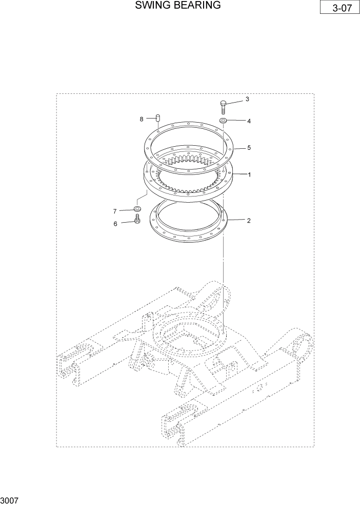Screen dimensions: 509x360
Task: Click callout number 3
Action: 247,99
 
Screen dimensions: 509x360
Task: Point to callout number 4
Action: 249,122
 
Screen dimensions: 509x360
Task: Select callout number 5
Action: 249,148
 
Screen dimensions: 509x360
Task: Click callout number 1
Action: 249,174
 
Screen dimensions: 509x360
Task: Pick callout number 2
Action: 249,221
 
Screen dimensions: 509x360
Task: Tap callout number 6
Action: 115,223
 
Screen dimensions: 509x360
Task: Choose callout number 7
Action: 115,211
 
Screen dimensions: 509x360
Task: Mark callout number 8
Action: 141,119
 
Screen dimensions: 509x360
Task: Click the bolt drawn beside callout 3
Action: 223,107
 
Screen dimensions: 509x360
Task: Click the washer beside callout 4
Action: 224,121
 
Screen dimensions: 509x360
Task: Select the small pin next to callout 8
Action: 158,119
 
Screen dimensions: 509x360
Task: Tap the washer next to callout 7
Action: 137,209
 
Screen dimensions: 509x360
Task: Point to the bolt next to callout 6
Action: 137,220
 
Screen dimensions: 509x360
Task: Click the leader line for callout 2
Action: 236,220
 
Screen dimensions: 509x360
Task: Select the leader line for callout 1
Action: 238,174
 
